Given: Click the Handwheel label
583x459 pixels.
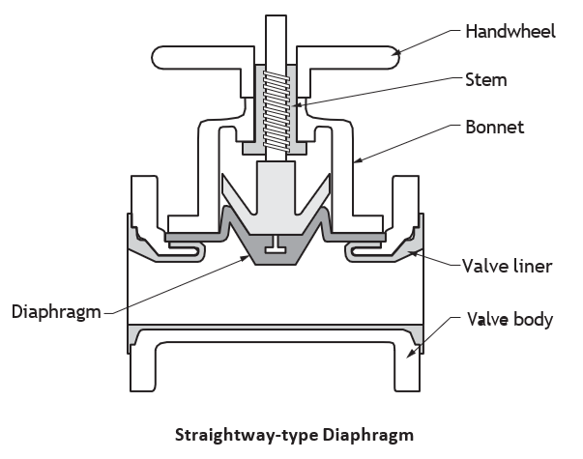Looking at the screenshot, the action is pyautogui.click(x=510, y=31).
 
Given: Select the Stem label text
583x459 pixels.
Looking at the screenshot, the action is pyautogui.click(x=486, y=80).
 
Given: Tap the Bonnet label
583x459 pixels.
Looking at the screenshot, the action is pyautogui.click(x=494, y=127).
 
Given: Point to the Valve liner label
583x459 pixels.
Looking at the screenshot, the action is pyautogui.click(x=508, y=266).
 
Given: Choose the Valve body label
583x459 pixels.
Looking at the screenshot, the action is pyautogui.click(x=510, y=319).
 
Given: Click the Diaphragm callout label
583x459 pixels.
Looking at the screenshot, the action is pyautogui.click(x=56, y=312).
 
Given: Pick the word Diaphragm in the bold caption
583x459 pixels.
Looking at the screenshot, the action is pyautogui.click(x=368, y=435).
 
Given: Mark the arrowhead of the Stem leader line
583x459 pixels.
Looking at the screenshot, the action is pyautogui.click(x=296, y=105).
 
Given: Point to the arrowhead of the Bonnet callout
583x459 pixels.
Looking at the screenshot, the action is pyautogui.click(x=358, y=160).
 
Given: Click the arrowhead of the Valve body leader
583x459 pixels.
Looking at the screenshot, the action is pyautogui.click(x=410, y=354).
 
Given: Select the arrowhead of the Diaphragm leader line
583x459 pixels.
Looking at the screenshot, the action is pyautogui.click(x=244, y=258).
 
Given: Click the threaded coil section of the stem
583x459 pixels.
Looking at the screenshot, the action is pyautogui.click(x=277, y=111).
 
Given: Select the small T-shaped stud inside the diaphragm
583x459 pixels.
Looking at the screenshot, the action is pyautogui.click(x=276, y=244).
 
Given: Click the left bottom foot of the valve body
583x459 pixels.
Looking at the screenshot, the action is pyautogui.click(x=142, y=368).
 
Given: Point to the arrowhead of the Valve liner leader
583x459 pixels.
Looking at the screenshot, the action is pyautogui.click(x=413, y=253).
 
